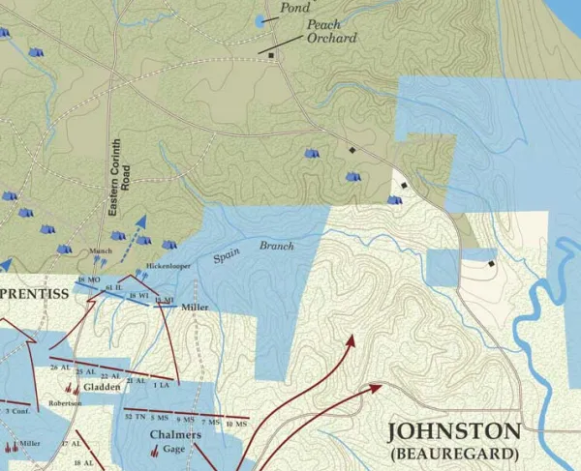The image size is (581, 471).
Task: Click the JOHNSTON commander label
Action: pos(453,430)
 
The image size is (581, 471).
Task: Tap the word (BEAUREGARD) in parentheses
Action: pos(453,452)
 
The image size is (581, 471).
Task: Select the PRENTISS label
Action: pos(33,293)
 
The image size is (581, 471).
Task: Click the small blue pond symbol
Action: pos(260,20)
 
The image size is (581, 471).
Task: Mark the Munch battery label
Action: pos(101,251)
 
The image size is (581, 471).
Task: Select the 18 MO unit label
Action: pos(88,280)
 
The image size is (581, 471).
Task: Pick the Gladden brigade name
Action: pos(102,387)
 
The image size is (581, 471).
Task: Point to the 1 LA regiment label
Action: pos(160,386)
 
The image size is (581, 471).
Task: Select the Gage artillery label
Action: pos(173,450)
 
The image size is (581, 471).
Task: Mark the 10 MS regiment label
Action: pos(232,424)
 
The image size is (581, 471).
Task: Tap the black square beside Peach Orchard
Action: pos(271,56)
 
